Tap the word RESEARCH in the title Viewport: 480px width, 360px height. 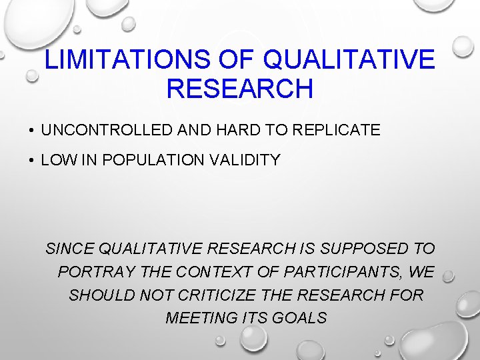tap(239, 88)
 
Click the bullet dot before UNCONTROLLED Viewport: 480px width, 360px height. tap(31, 131)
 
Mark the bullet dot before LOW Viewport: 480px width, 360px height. tap(31, 161)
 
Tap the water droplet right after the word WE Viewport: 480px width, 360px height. tap(448, 275)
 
